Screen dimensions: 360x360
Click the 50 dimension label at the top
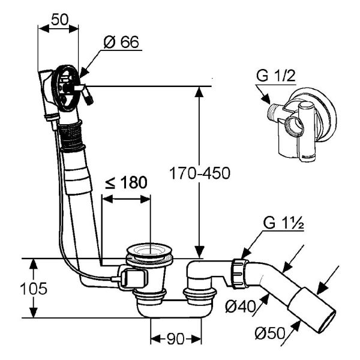[x=59, y=19]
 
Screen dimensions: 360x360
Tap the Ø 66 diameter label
[x=121, y=42]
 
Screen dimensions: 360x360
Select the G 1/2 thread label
[x=276, y=76]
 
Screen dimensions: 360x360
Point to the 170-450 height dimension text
[x=200, y=173]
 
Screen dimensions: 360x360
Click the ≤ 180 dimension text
[x=126, y=182]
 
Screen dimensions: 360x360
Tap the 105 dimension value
[x=34, y=289]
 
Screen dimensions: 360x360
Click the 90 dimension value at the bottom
[x=176, y=339]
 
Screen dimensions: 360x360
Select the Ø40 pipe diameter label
[x=240, y=306]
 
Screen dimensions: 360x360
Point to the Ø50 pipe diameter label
[x=270, y=333]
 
